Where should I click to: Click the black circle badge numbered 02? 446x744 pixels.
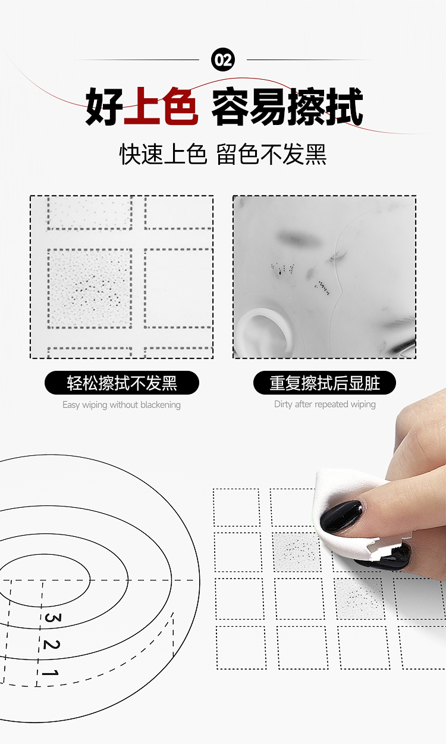click(223, 60)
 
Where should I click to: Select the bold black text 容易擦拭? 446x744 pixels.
click(287, 107)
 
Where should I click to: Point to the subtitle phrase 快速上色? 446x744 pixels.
click(163, 154)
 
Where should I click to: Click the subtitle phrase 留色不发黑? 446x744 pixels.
click(271, 154)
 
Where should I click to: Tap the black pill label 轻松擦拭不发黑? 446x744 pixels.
click(122, 383)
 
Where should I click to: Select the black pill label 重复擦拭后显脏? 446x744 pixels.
click(325, 383)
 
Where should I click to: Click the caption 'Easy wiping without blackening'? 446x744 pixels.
click(121, 405)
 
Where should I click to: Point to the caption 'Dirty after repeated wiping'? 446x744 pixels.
click(325, 404)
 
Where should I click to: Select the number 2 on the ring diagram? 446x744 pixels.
click(51, 645)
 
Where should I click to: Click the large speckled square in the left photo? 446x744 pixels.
click(90, 288)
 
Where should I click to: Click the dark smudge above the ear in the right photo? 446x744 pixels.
click(296, 238)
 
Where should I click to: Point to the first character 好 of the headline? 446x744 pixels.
click(104, 107)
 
